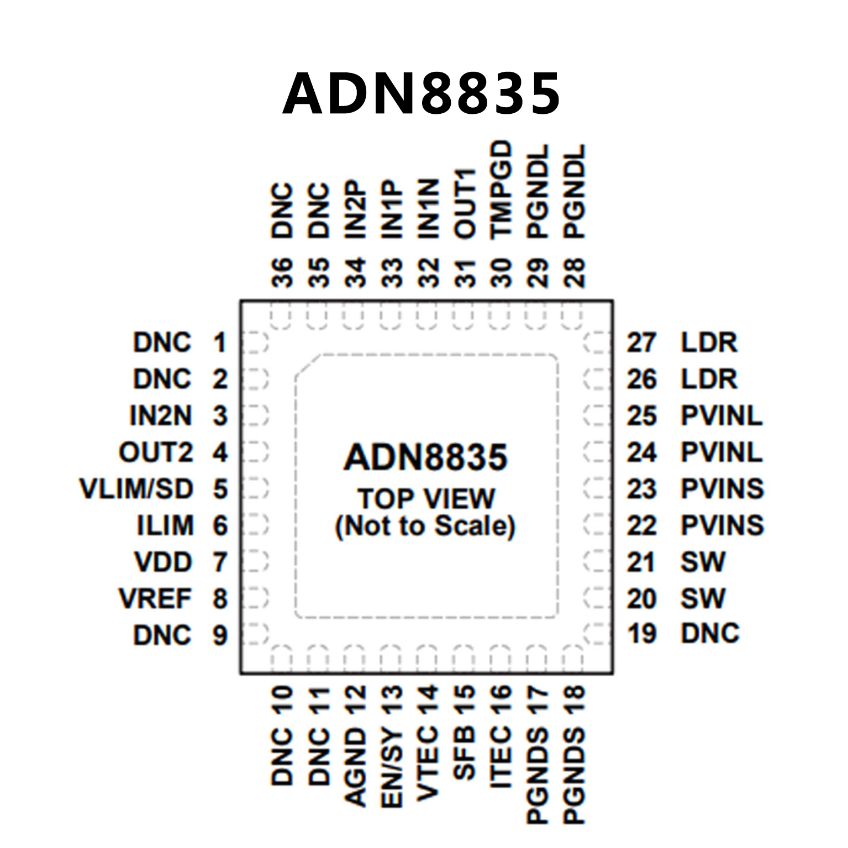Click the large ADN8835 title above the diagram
422,93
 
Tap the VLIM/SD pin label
136,489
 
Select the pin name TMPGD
502,189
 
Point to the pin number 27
641,343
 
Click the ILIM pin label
165,525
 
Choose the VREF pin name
155,599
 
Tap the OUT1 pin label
465,204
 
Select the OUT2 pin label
156,452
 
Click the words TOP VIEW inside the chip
426,498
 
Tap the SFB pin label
465,754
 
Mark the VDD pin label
163,562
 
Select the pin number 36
282,272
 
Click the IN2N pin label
161,416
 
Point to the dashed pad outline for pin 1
255,343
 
